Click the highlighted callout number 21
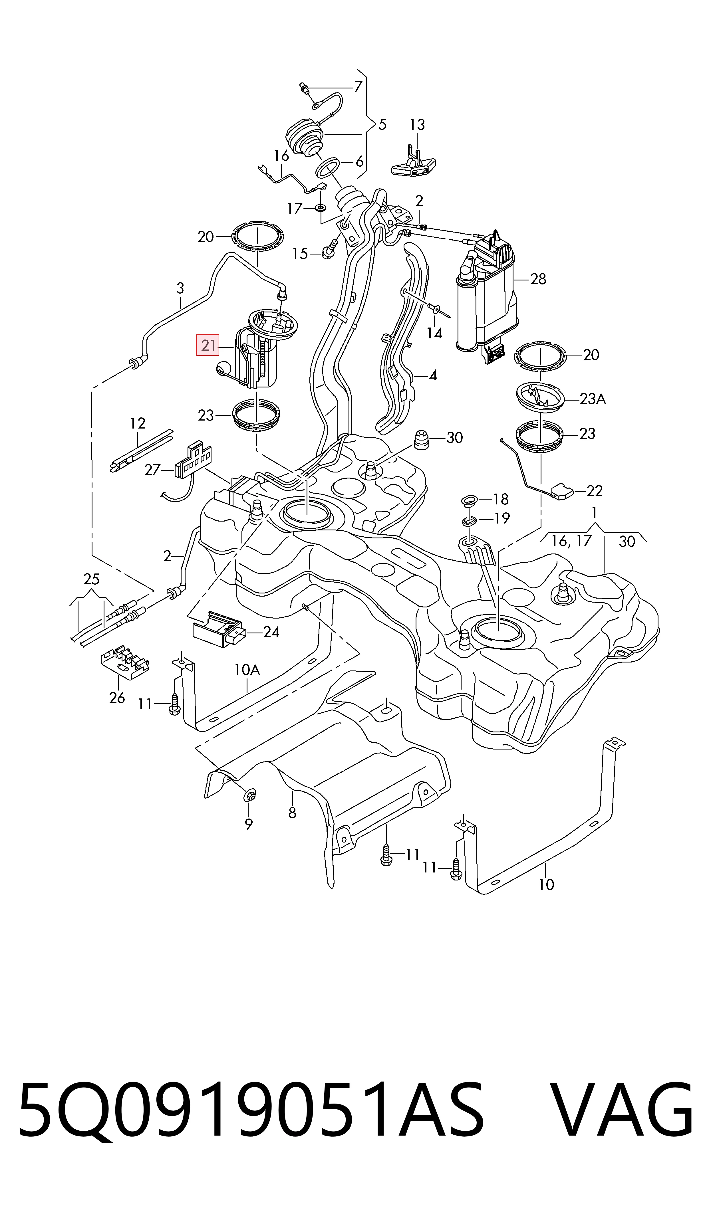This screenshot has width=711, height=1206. pyautogui.click(x=208, y=345)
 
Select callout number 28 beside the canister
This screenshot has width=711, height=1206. pyautogui.click(x=538, y=279)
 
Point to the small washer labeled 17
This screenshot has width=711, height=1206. pyautogui.click(x=320, y=208)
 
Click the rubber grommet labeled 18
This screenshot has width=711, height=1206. pyautogui.click(x=469, y=500)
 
